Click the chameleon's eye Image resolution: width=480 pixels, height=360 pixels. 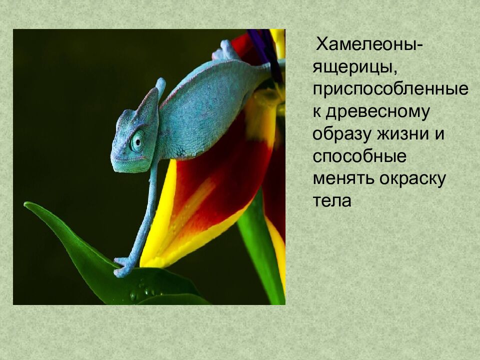pyautogui.click(x=137, y=141)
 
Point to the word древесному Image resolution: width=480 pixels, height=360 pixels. pyautogui.click(x=378, y=112)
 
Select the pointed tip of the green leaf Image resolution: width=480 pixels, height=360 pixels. pyautogui.click(x=27, y=204)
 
